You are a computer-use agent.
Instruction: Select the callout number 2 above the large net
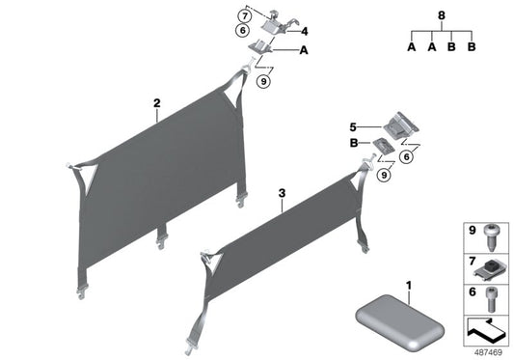pos(155,101)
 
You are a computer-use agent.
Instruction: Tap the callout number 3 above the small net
pos(281,193)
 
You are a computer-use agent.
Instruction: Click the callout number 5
pos(354,125)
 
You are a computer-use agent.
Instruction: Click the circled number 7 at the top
pos(245,17)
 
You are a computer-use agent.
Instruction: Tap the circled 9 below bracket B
pos(387,175)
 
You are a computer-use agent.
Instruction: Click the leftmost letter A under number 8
pos(412,47)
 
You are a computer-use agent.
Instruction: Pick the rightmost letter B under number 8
pos(473,47)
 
